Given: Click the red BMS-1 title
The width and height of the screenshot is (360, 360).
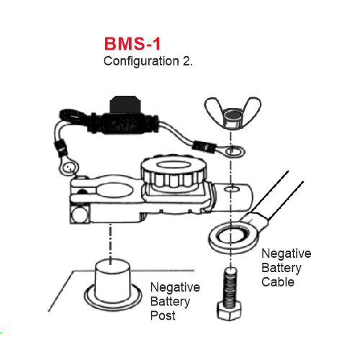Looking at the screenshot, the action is [x=132, y=44].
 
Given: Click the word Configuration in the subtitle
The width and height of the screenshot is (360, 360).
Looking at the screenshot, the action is [x=141, y=61].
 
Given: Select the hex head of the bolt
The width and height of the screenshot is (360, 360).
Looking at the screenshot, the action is [x=229, y=312].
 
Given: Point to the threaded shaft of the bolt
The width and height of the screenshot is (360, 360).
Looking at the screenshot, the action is [x=230, y=286].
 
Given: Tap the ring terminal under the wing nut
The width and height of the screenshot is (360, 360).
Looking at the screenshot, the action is [x=233, y=152].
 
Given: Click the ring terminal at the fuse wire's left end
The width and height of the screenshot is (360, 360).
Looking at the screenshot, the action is [x=69, y=166].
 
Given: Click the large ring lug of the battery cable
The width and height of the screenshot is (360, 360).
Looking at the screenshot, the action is [x=234, y=238].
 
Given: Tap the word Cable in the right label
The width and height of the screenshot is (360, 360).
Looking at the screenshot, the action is [x=278, y=282].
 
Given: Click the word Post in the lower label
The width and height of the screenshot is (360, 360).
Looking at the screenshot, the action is [x=163, y=315].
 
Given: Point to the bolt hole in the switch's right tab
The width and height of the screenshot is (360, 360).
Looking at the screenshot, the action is [x=232, y=189].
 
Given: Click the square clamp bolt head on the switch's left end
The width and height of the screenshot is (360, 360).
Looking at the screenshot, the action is [x=79, y=215].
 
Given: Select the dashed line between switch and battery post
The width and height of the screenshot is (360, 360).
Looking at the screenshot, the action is [x=110, y=243].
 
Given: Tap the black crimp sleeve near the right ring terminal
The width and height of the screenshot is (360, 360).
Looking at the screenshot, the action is [x=204, y=147].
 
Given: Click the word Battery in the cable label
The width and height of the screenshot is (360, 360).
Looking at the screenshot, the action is [x=282, y=268].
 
